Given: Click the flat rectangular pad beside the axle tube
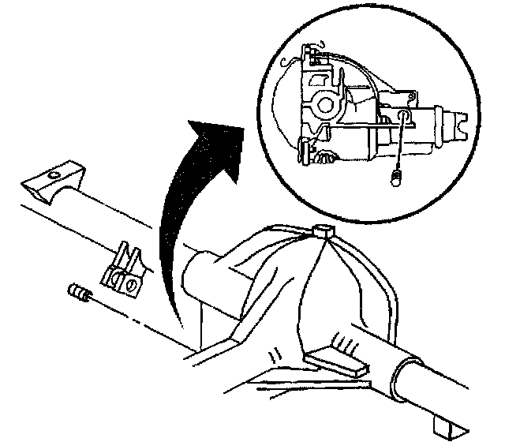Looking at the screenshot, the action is (335, 363).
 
